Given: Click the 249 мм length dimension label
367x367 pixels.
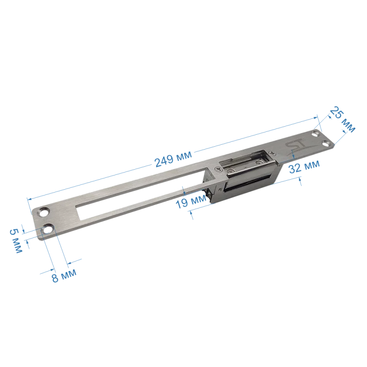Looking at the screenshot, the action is [173, 159].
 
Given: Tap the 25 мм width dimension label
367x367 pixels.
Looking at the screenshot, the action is [343, 119].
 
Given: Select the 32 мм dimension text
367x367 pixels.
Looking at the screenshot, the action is [304, 167].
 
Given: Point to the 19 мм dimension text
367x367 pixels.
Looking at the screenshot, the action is [191, 202].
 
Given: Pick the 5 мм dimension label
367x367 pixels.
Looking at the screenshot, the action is [16, 241].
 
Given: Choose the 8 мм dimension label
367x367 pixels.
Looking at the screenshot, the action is [64, 276].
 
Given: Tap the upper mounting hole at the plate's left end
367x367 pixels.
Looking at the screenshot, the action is [43, 212].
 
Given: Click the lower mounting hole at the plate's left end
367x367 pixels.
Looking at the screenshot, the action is [48, 229].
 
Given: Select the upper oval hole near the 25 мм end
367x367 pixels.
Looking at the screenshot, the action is [316, 134].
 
